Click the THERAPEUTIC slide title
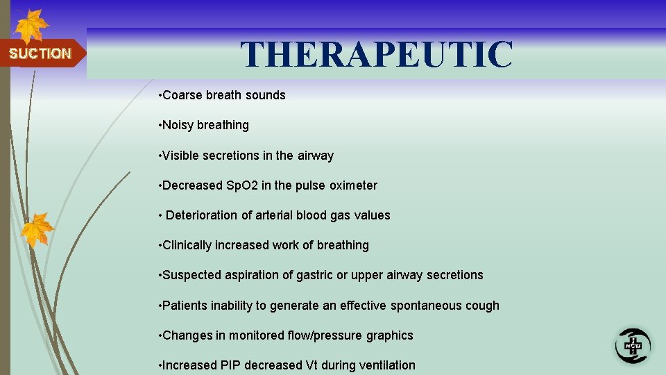377,54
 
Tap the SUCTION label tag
40,53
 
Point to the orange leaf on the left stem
37,229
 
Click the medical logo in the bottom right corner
633,345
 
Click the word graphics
390,335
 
